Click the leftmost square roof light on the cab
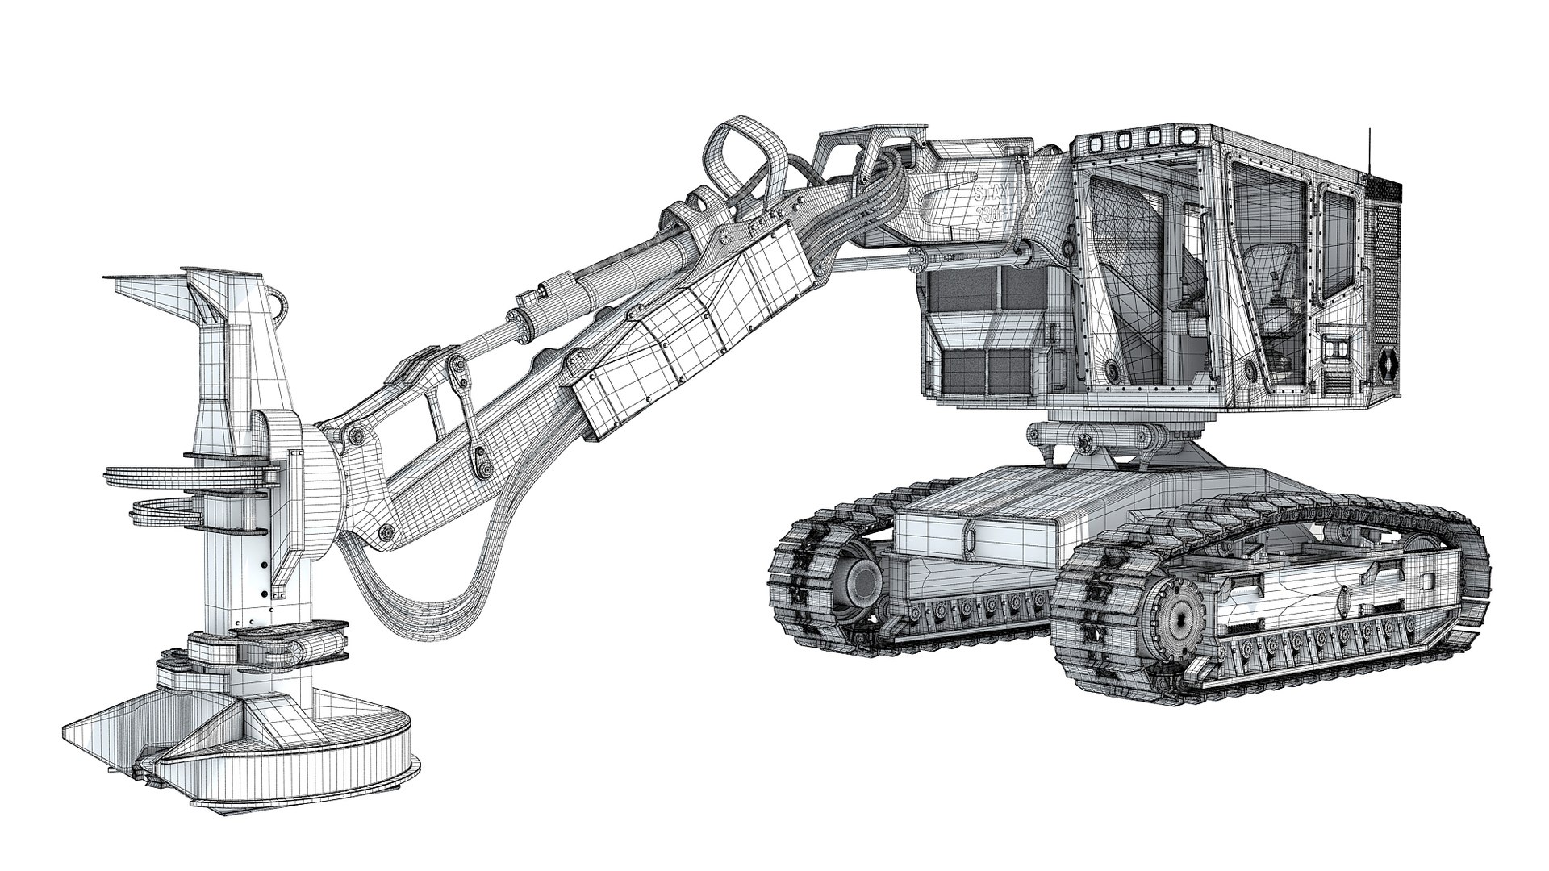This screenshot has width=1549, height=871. pos(1095,144)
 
